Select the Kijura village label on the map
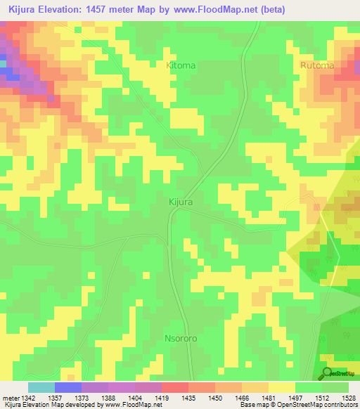pyautogui.click(x=181, y=202)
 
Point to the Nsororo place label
pyautogui.click(x=185, y=337)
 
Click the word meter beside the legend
pyautogui.click(x=11, y=398)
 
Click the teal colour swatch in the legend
pyautogui.click(x=41, y=387)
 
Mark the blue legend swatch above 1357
pyautogui.click(x=68, y=387)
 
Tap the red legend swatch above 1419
pyautogui.click(x=174, y=387)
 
